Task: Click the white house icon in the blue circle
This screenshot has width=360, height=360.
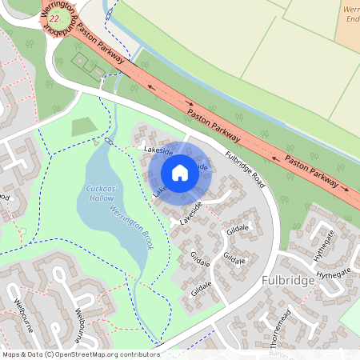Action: coord(180,173)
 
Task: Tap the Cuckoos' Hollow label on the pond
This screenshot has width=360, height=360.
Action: coord(102,193)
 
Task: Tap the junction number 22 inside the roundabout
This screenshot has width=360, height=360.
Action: coord(54,18)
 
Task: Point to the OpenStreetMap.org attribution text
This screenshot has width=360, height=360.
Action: coord(92,354)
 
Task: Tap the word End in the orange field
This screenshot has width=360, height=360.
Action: coord(352,18)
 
